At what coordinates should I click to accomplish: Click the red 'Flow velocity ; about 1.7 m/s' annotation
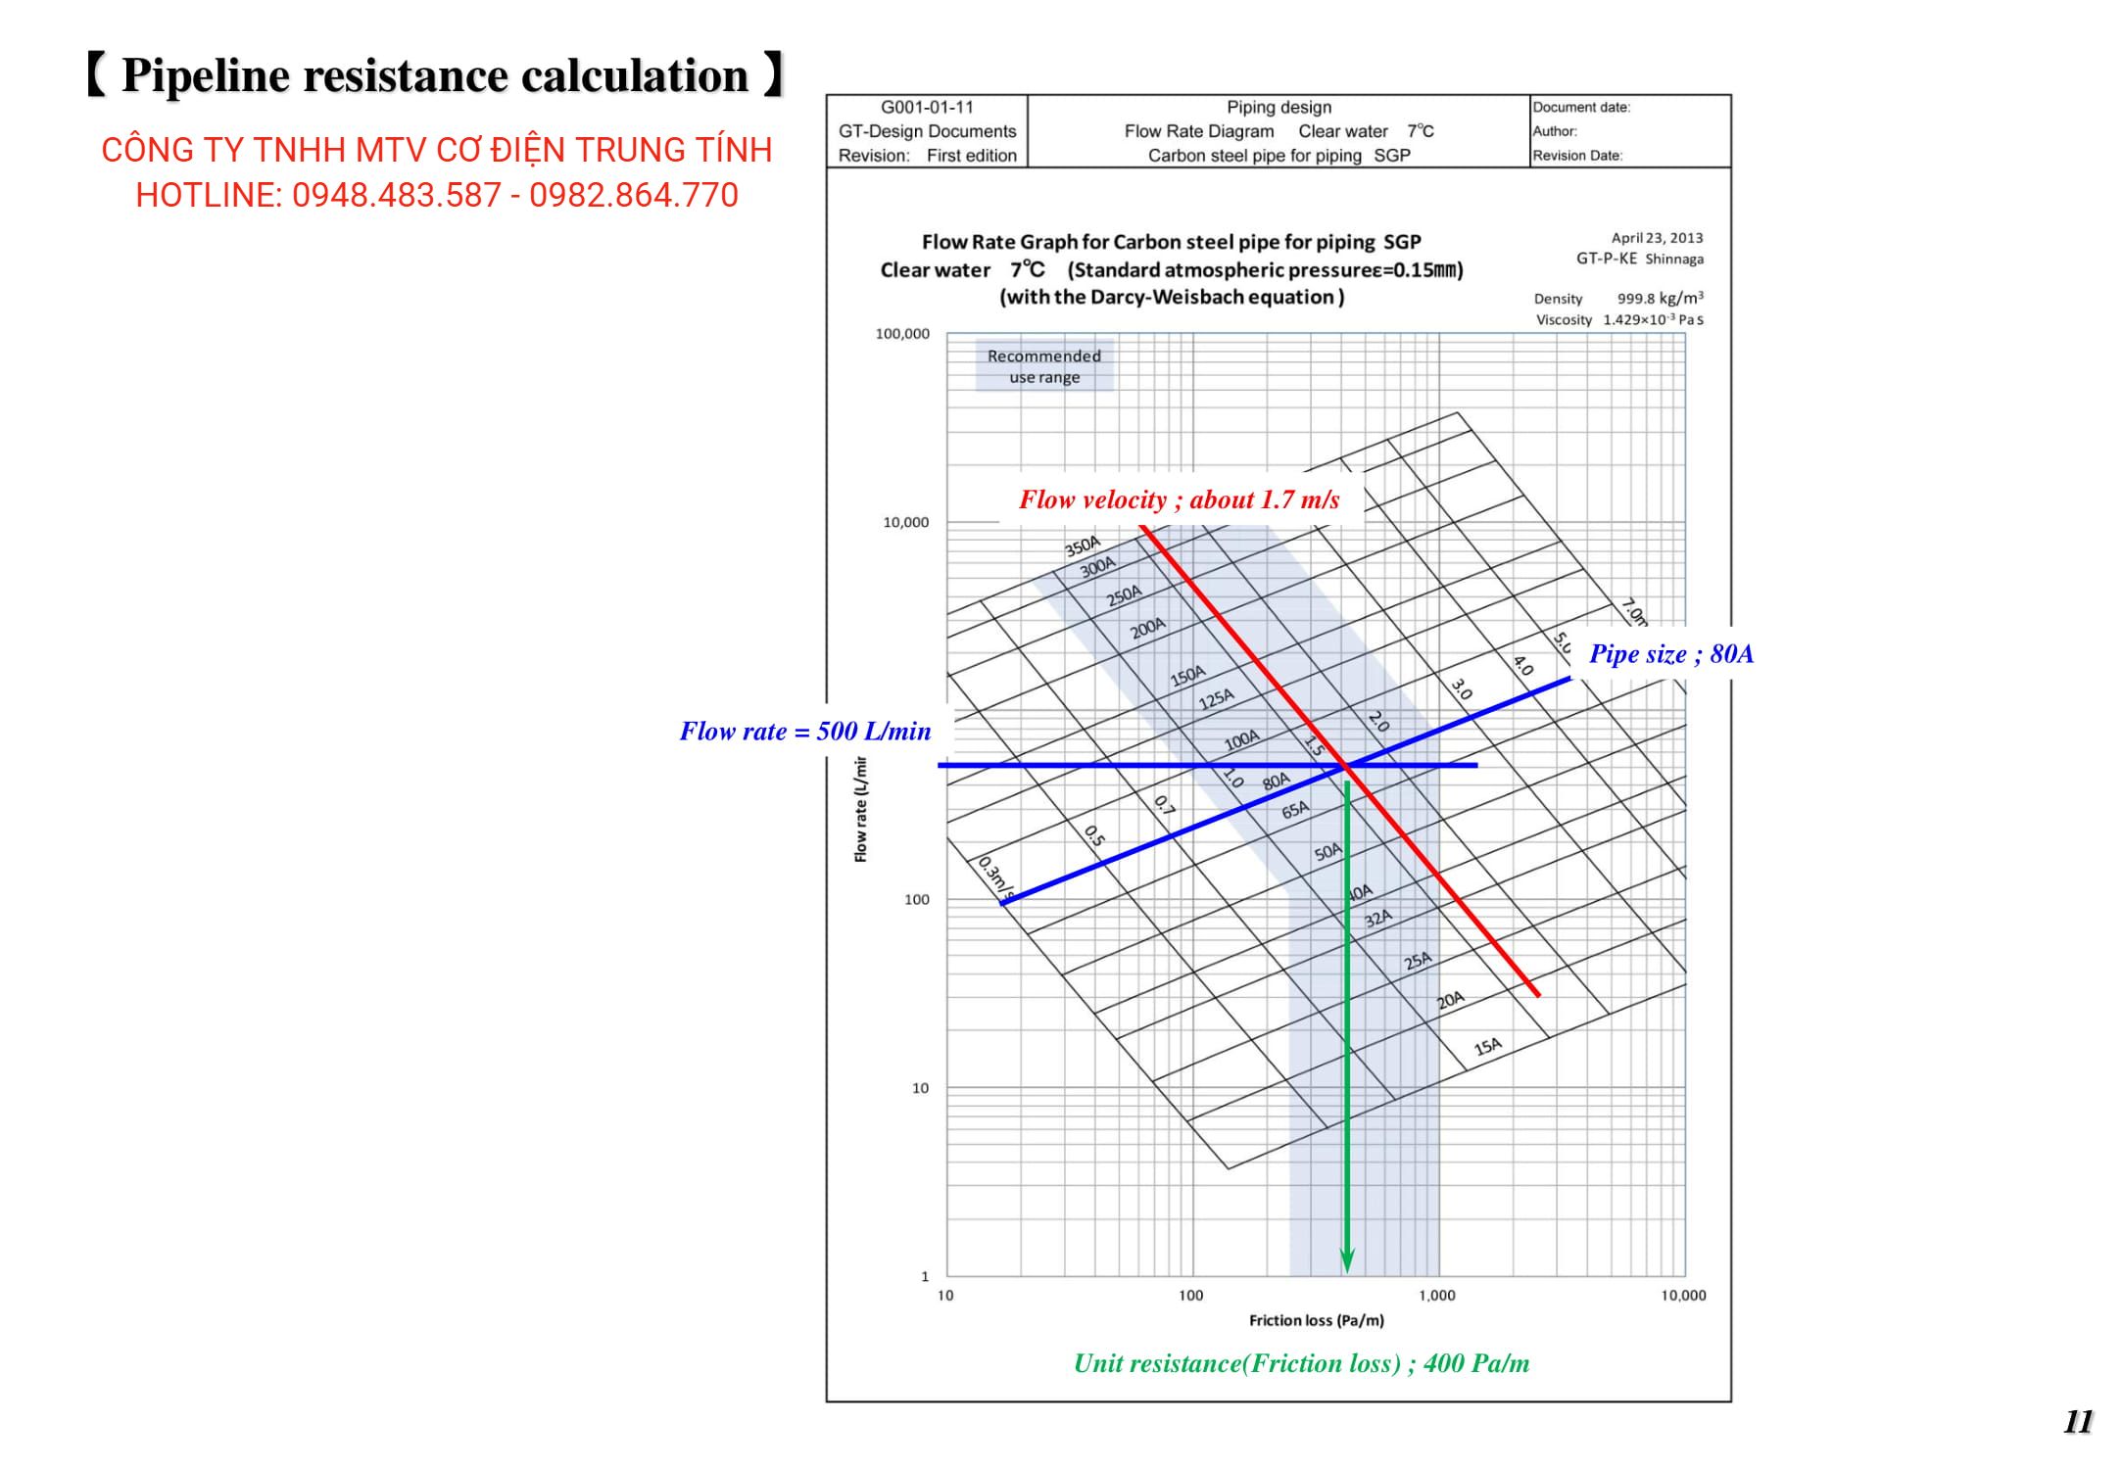tap(1179, 500)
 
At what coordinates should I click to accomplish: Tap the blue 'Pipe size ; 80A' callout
tap(1670, 654)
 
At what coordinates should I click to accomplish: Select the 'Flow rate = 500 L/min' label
tap(804, 732)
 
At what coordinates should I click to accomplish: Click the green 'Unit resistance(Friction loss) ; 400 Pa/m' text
tap(1301, 1363)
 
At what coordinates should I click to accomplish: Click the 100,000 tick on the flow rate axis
tap(902, 334)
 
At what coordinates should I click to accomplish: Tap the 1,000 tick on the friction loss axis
tap(1437, 1296)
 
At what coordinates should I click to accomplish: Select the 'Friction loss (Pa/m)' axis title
tap(1316, 1320)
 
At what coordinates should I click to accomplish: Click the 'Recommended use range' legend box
tap(1044, 366)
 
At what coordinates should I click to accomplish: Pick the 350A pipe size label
tap(1083, 545)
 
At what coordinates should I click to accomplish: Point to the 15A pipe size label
tap(1487, 1047)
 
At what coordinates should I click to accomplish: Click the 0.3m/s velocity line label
tap(993, 877)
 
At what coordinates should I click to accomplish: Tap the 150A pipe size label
tap(1187, 676)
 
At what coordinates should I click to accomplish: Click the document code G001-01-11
tap(927, 108)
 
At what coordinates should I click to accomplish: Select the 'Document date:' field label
tap(1581, 108)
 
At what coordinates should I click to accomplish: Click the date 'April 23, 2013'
tap(1657, 238)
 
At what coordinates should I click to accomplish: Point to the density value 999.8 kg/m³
tap(1660, 299)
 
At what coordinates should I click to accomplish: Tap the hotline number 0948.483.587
tap(397, 196)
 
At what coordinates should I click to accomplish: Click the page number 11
tap(2078, 1422)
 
